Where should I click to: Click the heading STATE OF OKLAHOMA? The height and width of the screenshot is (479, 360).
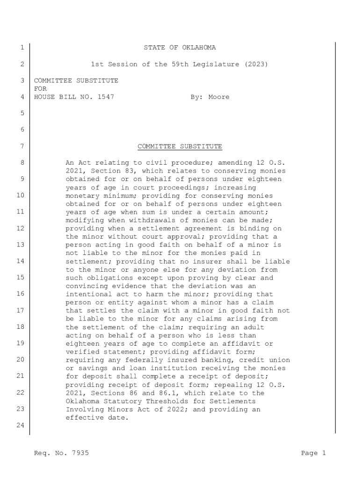tap(180, 48)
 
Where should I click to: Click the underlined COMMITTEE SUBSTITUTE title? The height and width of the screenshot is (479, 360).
tap(180, 146)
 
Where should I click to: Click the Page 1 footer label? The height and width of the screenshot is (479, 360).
tap(313, 453)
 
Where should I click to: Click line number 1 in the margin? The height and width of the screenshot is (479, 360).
tap(22, 48)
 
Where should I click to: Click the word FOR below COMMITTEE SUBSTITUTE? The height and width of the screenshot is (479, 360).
tap(41, 89)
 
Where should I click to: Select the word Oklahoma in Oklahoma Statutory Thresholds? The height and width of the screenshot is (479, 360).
tap(83, 401)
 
